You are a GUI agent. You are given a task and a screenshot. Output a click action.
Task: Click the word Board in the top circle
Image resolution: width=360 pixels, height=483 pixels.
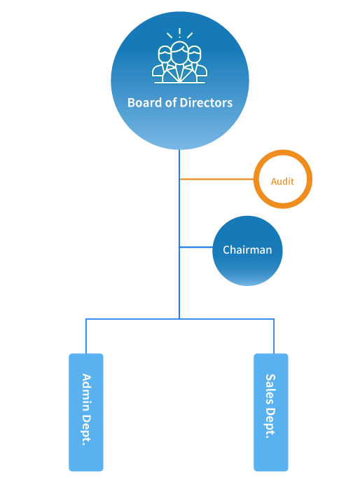pyautogui.click(x=145, y=102)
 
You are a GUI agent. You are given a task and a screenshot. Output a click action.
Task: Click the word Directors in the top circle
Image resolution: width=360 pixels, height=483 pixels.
pyautogui.click(x=206, y=102)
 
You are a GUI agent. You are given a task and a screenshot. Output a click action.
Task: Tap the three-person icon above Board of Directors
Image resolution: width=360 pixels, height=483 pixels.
pyautogui.click(x=180, y=56)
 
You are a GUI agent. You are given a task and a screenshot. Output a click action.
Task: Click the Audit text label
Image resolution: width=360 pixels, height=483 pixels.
pyautogui.click(x=282, y=182)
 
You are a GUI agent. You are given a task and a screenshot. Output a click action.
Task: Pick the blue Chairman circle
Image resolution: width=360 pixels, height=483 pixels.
pyautogui.click(x=247, y=251)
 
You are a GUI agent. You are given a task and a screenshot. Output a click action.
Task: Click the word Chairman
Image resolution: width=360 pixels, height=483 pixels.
pyautogui.click(x=247, y=250)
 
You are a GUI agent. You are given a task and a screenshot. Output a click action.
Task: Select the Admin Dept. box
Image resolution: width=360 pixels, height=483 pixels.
pyautogui.click(x=86, y=412)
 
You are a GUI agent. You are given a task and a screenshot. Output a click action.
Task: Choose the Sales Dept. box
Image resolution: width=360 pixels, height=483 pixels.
pyautogui.click(x=271, y=412)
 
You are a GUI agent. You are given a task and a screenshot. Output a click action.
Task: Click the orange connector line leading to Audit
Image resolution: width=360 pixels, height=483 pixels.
pyautogui.click(x=217, y=179)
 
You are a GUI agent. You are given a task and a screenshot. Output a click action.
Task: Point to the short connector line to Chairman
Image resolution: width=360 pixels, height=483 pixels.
pyautogui.click(x=196, y=247)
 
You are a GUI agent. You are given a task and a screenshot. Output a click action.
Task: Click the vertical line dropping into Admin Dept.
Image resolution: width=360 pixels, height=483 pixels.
pyautogui.click(x=86, y=336)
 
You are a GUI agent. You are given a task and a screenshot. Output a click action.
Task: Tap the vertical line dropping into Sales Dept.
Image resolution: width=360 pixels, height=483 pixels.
pyautogui.click(x=274, y=336)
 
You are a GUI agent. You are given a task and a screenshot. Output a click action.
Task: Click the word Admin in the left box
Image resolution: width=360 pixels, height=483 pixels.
pyautogui.click(x=86, y=393)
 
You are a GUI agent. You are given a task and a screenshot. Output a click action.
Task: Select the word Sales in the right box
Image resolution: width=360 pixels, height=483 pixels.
pyautogui.click(x=270, y=389)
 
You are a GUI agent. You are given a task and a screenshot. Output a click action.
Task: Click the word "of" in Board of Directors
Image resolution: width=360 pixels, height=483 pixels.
pyautogui.click(x=171, y=102)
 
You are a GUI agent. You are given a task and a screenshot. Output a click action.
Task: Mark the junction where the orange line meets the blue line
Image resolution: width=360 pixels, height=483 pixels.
pyautogui.click(x=179, y=179)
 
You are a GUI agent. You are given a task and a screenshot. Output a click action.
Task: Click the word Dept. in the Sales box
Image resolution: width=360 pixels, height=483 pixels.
pyautogui.click(x=270, y=423)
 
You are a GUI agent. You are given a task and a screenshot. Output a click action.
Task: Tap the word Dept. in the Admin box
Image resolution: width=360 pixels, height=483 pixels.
pyautogui.click(x=86, y=430)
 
